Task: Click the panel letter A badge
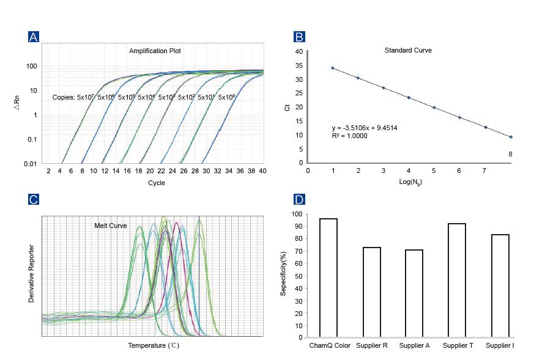pyautogui.click(x=34, y=37)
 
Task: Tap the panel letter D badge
pyautogui.click(x=299, y=200)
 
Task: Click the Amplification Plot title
pyautogui.click(x=155, y=51)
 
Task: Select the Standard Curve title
pyautogui.click(x=408, y=50)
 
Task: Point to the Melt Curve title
pyautogui.click(x=110, y=226)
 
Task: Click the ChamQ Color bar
pyautogui.click(x=328, y=277)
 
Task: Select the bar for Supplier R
pyautogui.click(x=372, y=292)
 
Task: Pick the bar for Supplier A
pyautogui.click(x=414, y=293)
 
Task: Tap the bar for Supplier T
pyautogui.click(x=457, y=280)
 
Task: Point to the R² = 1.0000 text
pyautogui.click(x=347, y=136)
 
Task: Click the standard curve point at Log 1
pyautogui.click(x=332, y=68)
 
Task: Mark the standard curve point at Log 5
pyautogui.click(x=434, y=108)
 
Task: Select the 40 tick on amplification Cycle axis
pyautogui.click(x=262, y=172)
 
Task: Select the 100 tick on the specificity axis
pyautogui.click(x=298, y=214)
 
